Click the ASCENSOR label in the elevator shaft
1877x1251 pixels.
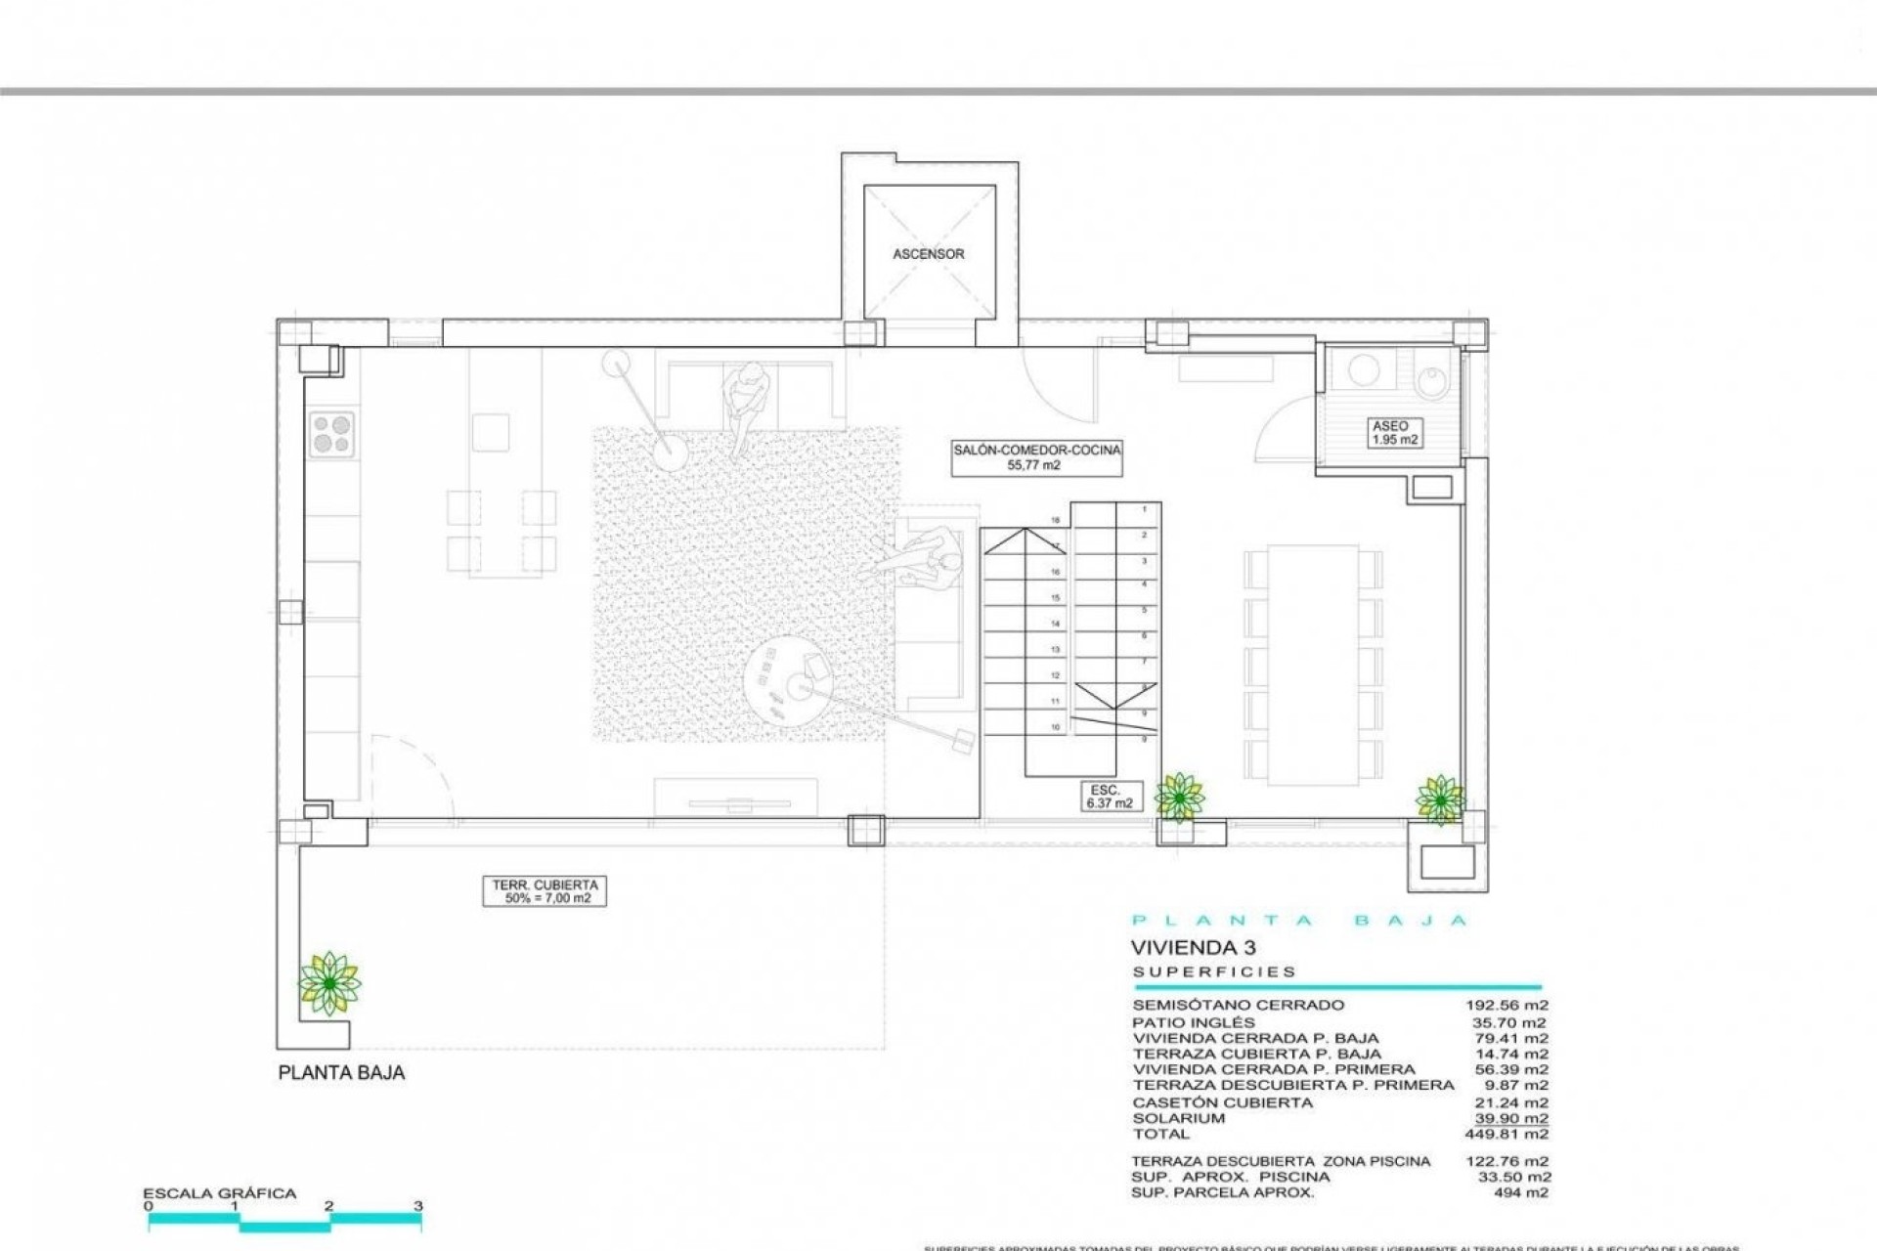(x=928, y=254)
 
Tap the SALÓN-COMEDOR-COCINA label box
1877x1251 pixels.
(x=1036, y=457)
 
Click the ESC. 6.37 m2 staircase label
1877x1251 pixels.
(x=1109, y=797)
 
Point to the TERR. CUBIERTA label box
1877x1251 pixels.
(x=544, y=891)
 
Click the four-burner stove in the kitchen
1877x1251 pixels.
(x=331, y=434)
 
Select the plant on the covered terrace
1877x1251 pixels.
(x=329, y=983)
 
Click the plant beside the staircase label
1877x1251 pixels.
(x=1179, y=797)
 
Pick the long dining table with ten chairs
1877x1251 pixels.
(x=1313, y=665)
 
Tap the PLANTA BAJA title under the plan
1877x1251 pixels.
(x=341, y=1072)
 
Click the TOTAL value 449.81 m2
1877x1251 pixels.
(x=1506, y=1134)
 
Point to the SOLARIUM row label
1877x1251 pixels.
(x=1178, y=1118)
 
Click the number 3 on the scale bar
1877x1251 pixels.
(x=417, y=1206)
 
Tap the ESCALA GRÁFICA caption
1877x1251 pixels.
(x=219, y=1193)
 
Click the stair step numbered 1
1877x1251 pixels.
(x=1144, y=509)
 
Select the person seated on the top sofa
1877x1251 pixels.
(x=746, y=401)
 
